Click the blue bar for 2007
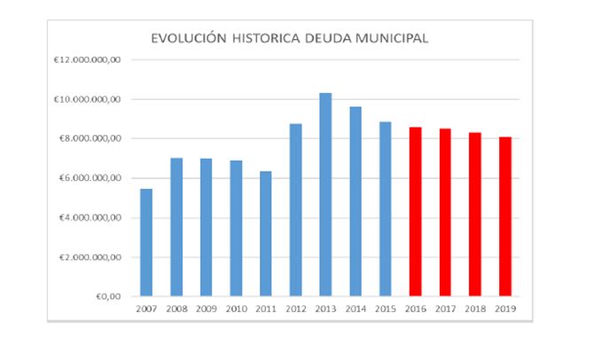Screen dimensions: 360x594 click(x=145, y=242)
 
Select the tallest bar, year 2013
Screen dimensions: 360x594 click(x=325, y=194)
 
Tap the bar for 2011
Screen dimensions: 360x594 click(x=265, y=233)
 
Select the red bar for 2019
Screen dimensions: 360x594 click(x=505, y=216)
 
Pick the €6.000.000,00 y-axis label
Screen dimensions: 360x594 click(x=94, y=178)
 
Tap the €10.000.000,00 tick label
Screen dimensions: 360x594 click(x=92, y=99)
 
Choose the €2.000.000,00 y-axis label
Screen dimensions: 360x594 click(x=94, y=257)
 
